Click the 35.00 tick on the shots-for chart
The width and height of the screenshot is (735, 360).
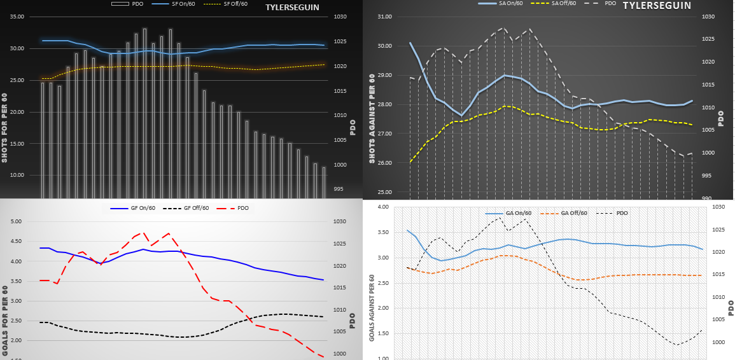pos(17,17)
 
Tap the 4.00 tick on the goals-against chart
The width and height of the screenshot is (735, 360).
pos(382,207)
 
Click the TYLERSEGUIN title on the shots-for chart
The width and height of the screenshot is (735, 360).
pos(292,8)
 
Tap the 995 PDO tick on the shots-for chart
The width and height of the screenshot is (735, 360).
pos(339,190)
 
